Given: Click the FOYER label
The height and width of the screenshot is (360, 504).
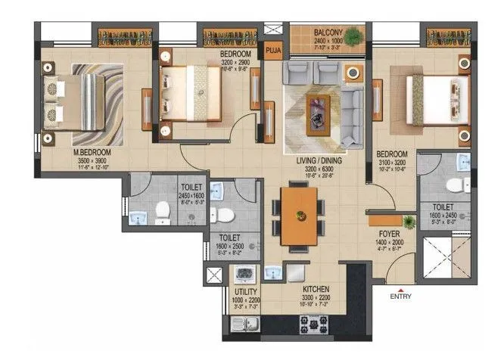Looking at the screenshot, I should (390, 234).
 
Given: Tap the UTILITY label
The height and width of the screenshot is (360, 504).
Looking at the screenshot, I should (246, 291).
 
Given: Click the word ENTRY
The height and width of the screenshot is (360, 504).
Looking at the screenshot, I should (400, 296).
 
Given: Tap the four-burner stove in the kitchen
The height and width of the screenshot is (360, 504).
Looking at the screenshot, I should (313, 324).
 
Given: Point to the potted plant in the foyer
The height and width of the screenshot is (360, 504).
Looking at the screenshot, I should (409, 222).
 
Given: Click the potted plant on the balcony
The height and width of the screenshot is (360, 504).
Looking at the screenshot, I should (355, 35).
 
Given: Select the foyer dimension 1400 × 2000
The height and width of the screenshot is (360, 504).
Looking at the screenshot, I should (390, 242).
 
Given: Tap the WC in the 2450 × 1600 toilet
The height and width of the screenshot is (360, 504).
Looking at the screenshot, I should (162, 213).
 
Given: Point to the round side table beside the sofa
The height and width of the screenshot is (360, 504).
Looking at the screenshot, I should (352, 73).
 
